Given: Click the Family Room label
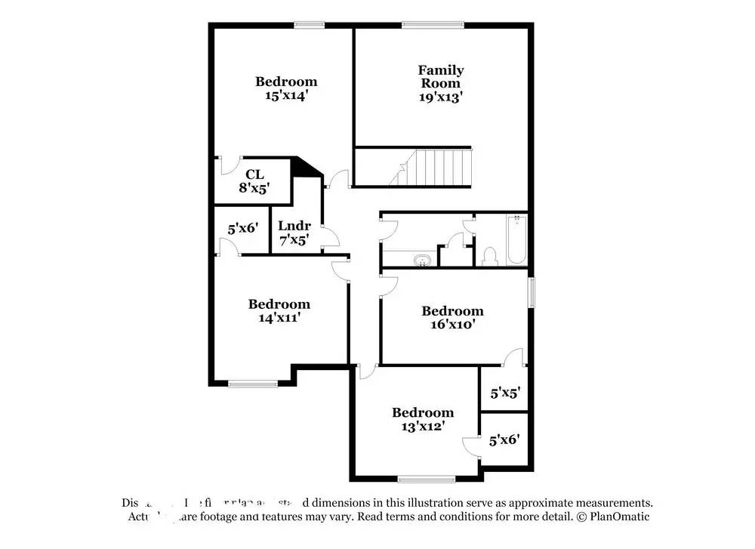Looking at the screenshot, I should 441,76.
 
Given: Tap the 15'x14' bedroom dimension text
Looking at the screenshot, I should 285,96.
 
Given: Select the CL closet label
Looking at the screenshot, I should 254,174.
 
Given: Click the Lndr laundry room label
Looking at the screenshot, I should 294,226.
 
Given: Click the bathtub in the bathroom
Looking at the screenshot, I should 516,240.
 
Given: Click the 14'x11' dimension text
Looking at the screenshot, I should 279,318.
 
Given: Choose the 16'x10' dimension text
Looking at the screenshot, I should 451,325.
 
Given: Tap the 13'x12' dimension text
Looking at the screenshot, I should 422,426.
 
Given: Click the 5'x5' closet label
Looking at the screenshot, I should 504,393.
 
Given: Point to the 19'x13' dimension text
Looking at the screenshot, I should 441,97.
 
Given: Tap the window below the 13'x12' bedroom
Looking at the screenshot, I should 427,479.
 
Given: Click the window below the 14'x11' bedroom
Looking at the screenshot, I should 252,384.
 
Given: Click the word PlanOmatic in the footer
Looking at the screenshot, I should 618,517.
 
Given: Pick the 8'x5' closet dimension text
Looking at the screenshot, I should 254,188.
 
